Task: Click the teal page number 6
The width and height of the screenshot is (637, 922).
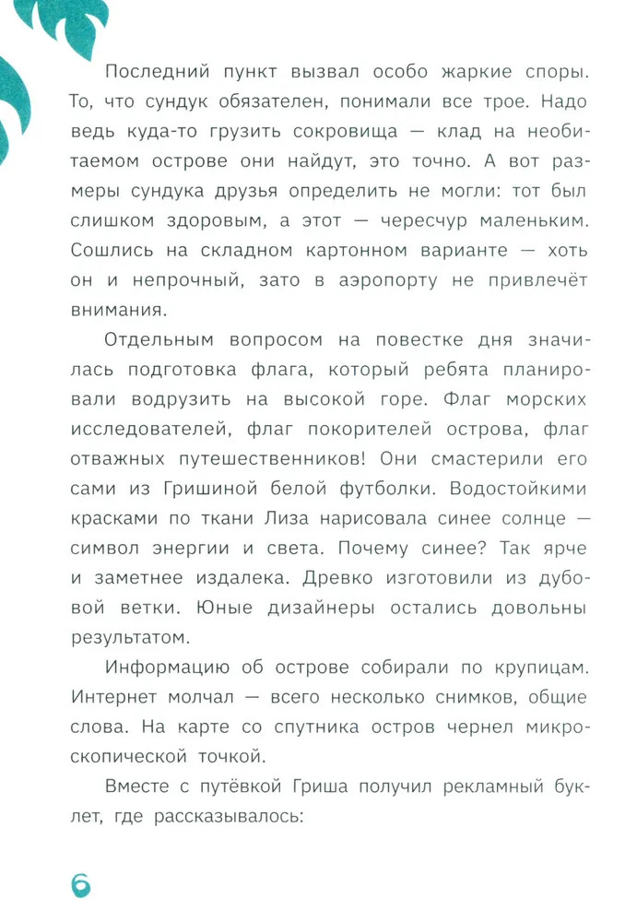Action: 80,882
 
